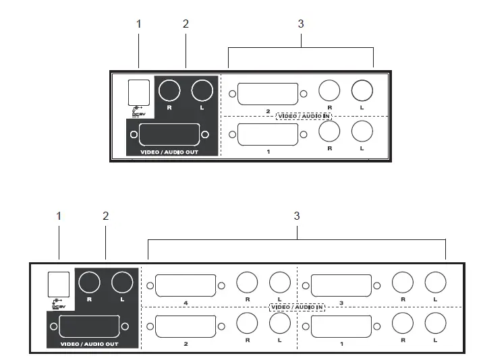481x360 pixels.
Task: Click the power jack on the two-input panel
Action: point(138,90)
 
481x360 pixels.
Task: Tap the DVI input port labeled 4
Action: point(186,284)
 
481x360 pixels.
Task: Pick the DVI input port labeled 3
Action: point(341,284)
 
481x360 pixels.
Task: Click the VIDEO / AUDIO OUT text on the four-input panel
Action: point(88,344)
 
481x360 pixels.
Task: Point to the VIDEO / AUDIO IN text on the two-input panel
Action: point(304,115)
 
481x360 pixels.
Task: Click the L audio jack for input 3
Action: point(435,282)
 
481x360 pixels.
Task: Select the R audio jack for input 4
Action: point(248,282)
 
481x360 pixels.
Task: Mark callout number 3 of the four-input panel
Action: point(296,216)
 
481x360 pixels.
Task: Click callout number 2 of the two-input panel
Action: point(186,24)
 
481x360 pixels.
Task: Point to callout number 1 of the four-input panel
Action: point(59,216)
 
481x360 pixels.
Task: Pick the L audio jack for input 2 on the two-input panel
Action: point(362,90)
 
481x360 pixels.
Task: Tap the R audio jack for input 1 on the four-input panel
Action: point(403,324)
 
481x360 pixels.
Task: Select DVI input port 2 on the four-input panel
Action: point(186,326)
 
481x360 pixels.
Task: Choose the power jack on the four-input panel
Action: point(59,282)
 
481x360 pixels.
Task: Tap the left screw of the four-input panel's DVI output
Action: point(51,327)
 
